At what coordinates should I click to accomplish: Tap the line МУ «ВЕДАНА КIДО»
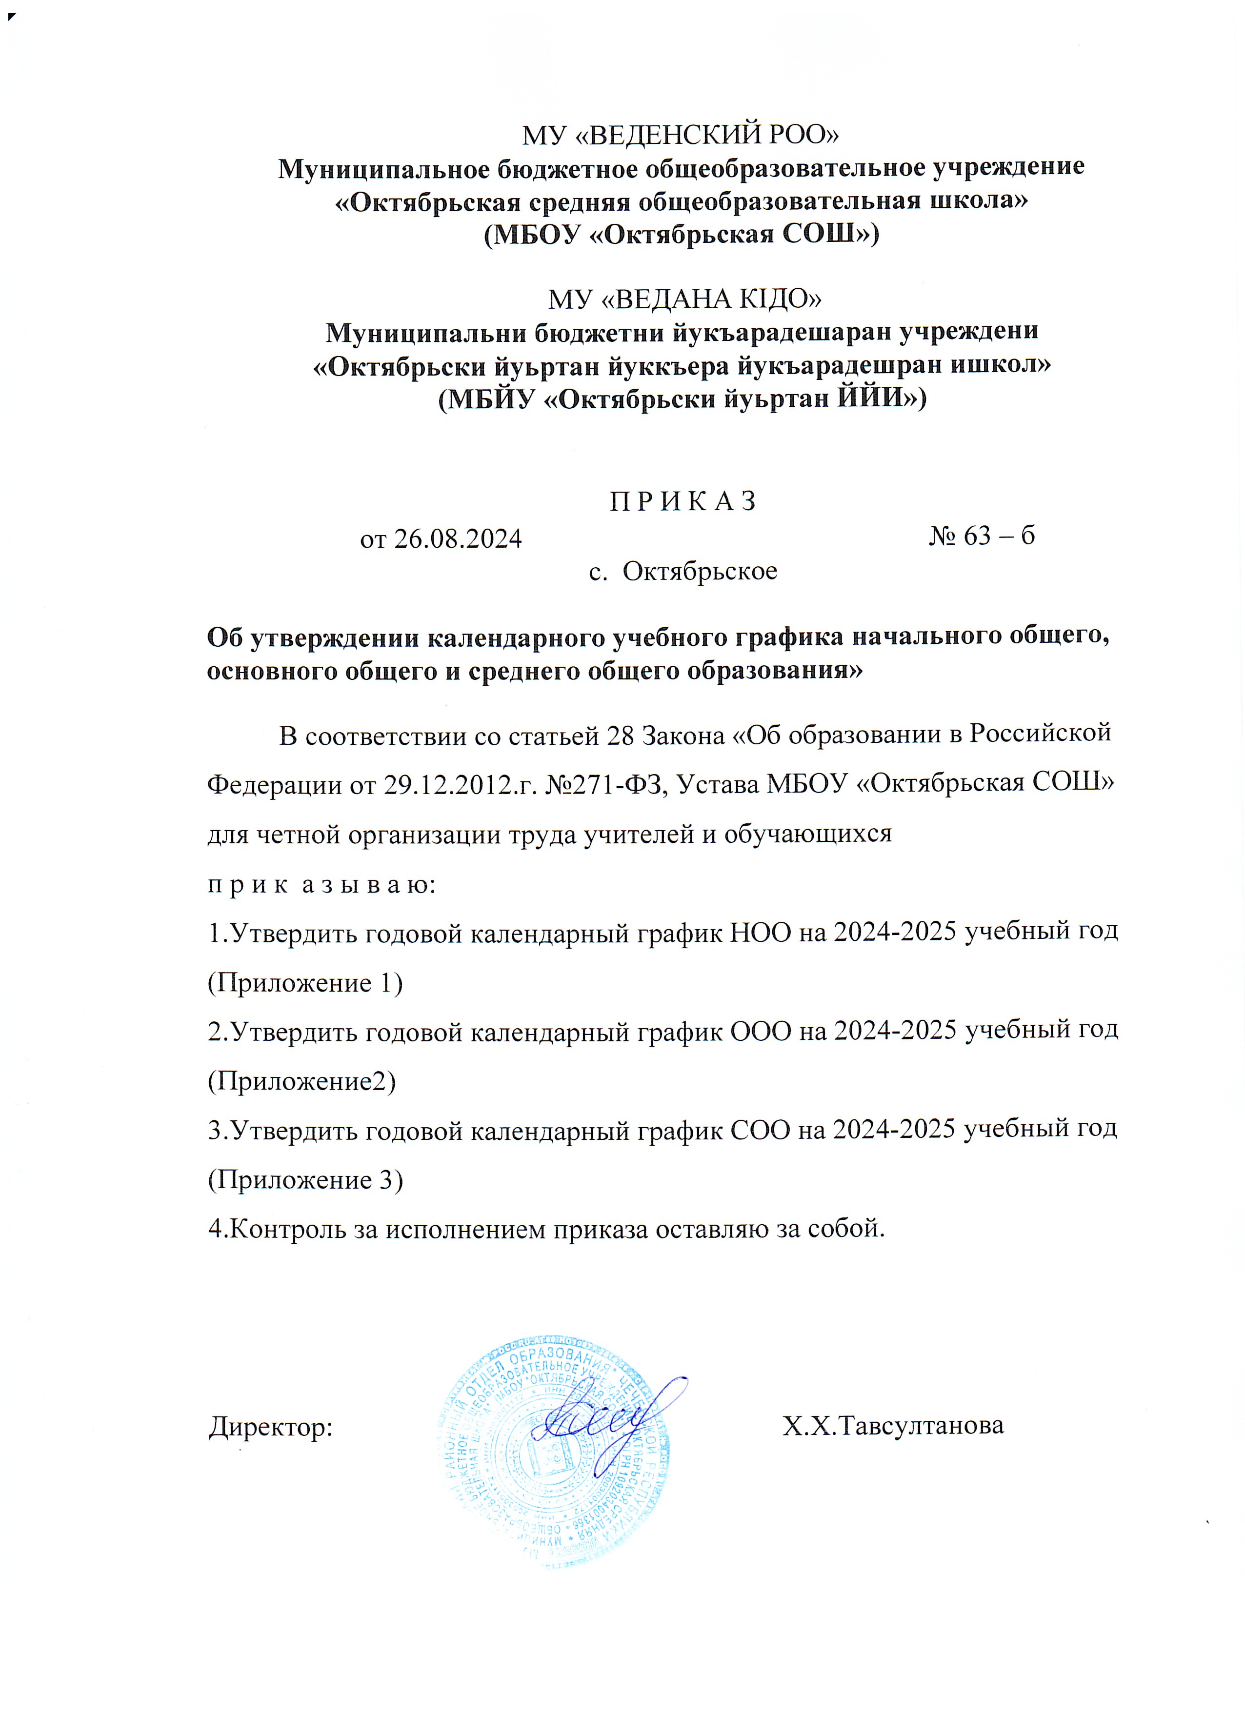coord(684,299)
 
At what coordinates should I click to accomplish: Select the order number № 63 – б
coord(981,536)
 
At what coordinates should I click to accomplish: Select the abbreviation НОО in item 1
coord(761,933)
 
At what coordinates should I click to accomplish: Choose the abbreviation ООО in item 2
coord(761,1031)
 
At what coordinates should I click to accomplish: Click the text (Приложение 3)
coord(305,1180)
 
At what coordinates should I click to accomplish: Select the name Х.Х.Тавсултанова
coord(893,1426)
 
